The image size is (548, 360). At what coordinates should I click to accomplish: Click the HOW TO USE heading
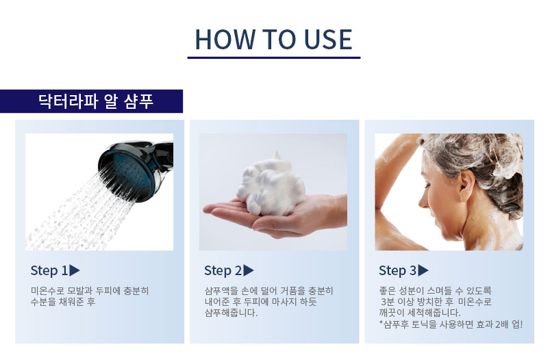(x=273, y=39)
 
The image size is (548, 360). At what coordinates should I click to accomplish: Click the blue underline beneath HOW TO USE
(x=273, y=57)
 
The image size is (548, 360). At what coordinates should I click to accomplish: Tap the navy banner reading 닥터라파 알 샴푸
(x=91, y=101)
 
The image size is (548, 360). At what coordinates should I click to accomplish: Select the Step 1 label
(x=49, y=270)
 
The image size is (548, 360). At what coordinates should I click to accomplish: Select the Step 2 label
(x=223, y=270)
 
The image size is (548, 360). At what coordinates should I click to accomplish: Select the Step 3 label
(x=398, y=270)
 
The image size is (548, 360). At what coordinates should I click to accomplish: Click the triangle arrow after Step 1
(x=75, y=270)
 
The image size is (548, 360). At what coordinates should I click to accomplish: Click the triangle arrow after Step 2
(x=248, y=270)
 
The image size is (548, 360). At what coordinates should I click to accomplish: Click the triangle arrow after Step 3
(x=423, y=270)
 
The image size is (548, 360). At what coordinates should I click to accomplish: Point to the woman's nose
(x=423, y=199)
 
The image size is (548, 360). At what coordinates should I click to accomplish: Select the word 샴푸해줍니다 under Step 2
(x=231, y=313)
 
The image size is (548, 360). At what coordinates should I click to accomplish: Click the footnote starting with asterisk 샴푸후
(x=451, y=324)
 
